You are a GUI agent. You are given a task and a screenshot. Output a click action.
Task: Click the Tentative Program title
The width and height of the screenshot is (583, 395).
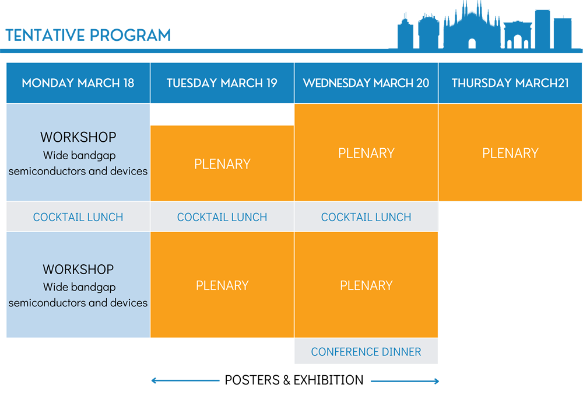[x=88, y=36]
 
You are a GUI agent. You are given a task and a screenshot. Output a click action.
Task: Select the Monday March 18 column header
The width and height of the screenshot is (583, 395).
[x=78, y=83]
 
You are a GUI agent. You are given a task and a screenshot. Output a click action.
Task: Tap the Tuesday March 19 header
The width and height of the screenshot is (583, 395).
[x=222, y=83]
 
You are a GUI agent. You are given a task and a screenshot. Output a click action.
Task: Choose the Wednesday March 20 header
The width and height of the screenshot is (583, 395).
[x=366, y=83]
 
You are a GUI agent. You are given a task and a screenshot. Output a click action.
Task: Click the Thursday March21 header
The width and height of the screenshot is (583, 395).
[x=510, y=83]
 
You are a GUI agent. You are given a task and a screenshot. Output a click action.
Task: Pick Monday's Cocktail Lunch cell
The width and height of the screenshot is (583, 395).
[x=78, y=217]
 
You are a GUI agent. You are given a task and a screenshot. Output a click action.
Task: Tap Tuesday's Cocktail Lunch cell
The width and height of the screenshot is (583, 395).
[x=222, y=217]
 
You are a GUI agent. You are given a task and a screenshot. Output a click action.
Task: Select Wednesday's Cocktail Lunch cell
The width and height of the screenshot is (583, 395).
[x=366, y=217]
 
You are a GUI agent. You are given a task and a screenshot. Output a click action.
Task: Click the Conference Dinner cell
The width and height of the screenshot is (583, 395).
[x=366, y=351]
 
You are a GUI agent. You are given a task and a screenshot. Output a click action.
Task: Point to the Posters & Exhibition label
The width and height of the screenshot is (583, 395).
[x=294, y=380]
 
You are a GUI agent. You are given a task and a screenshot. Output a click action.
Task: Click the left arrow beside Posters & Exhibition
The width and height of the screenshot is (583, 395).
[x=185, y=380]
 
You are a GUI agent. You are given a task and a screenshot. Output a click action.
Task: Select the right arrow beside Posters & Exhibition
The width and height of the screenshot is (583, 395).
[x=405, y=381]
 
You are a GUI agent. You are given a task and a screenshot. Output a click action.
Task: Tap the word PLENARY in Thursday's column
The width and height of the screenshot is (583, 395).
[x=510, y=153]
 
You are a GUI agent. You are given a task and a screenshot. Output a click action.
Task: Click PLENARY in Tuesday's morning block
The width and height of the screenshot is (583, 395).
[x=222, y=164]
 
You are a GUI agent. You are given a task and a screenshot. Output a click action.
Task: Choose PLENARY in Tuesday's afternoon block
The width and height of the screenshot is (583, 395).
[x=222, y=285]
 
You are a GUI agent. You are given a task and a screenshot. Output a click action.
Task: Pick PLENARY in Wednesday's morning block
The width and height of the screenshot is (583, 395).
[x=366, y=153]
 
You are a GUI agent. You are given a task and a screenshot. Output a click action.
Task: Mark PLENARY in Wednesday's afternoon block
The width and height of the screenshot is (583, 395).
[x=366, y=285]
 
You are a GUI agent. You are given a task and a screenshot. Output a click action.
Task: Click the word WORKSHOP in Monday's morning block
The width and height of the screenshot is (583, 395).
[x=78, y=137]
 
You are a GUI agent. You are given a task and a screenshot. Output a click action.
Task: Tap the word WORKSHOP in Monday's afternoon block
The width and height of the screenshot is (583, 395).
[x=78, y=270]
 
